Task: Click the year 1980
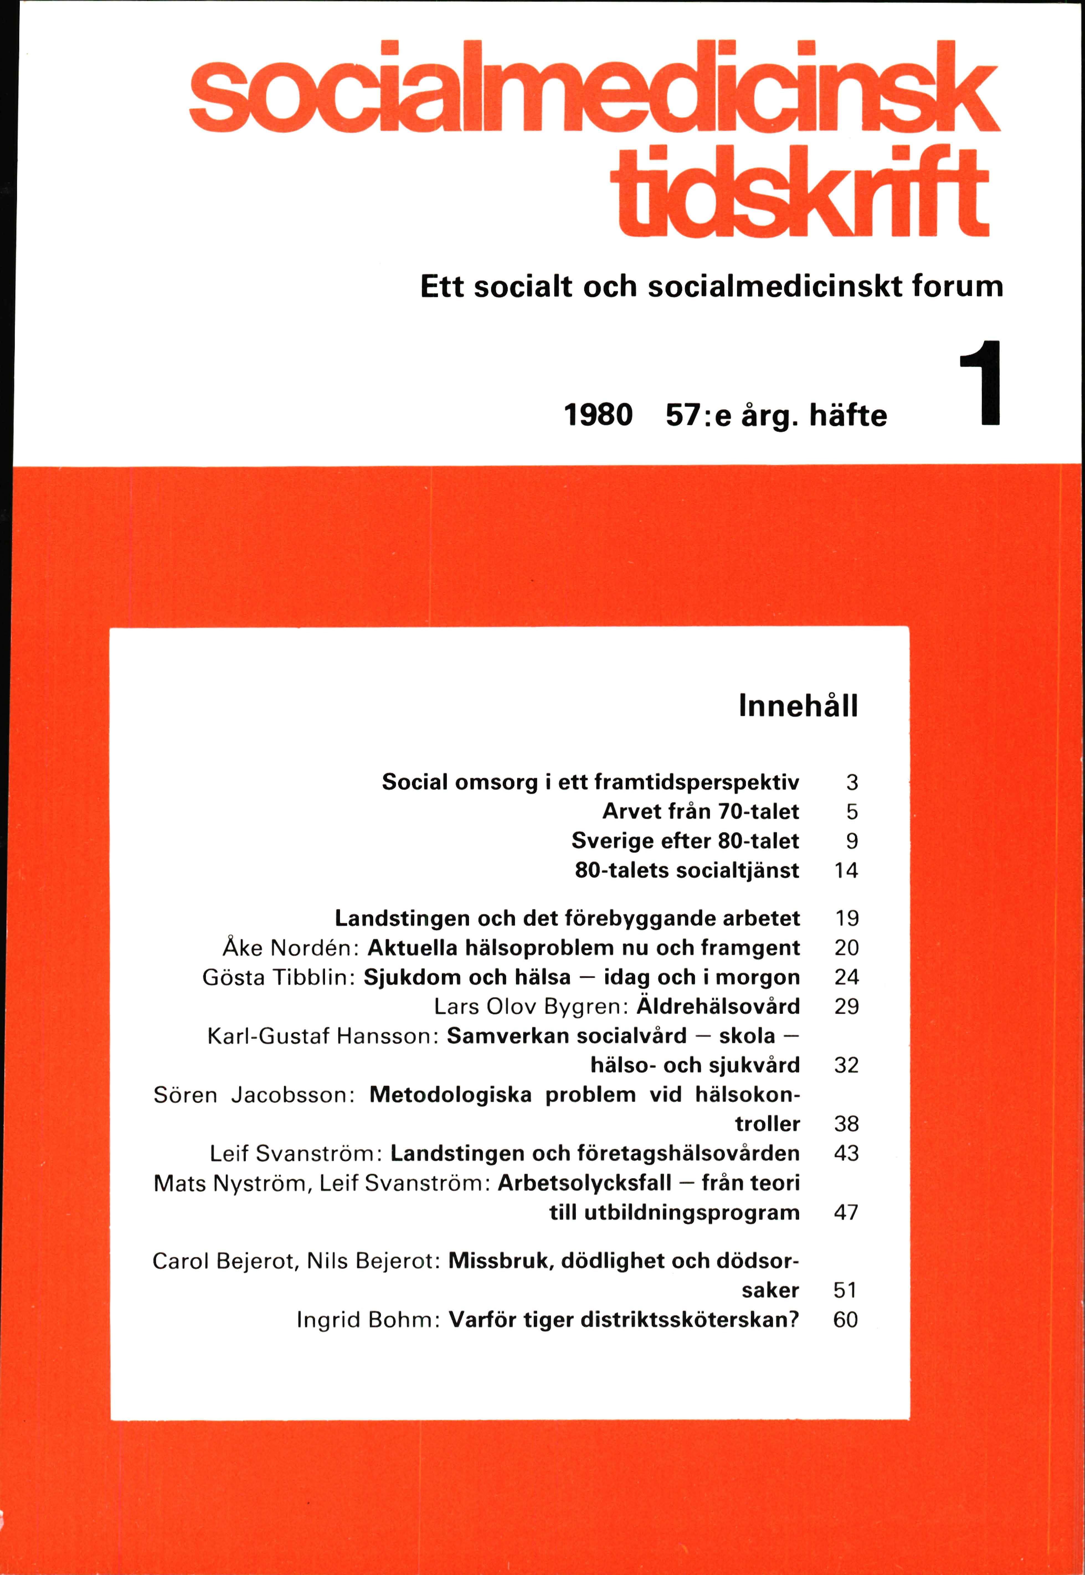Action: (598, 414)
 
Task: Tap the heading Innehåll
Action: (798, 706)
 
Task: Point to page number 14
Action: (846, 870)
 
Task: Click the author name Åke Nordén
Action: (290, 948)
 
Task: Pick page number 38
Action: (846, 1124)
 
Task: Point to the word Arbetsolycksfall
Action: (585, 1183)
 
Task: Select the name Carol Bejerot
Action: (224, 1261)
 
